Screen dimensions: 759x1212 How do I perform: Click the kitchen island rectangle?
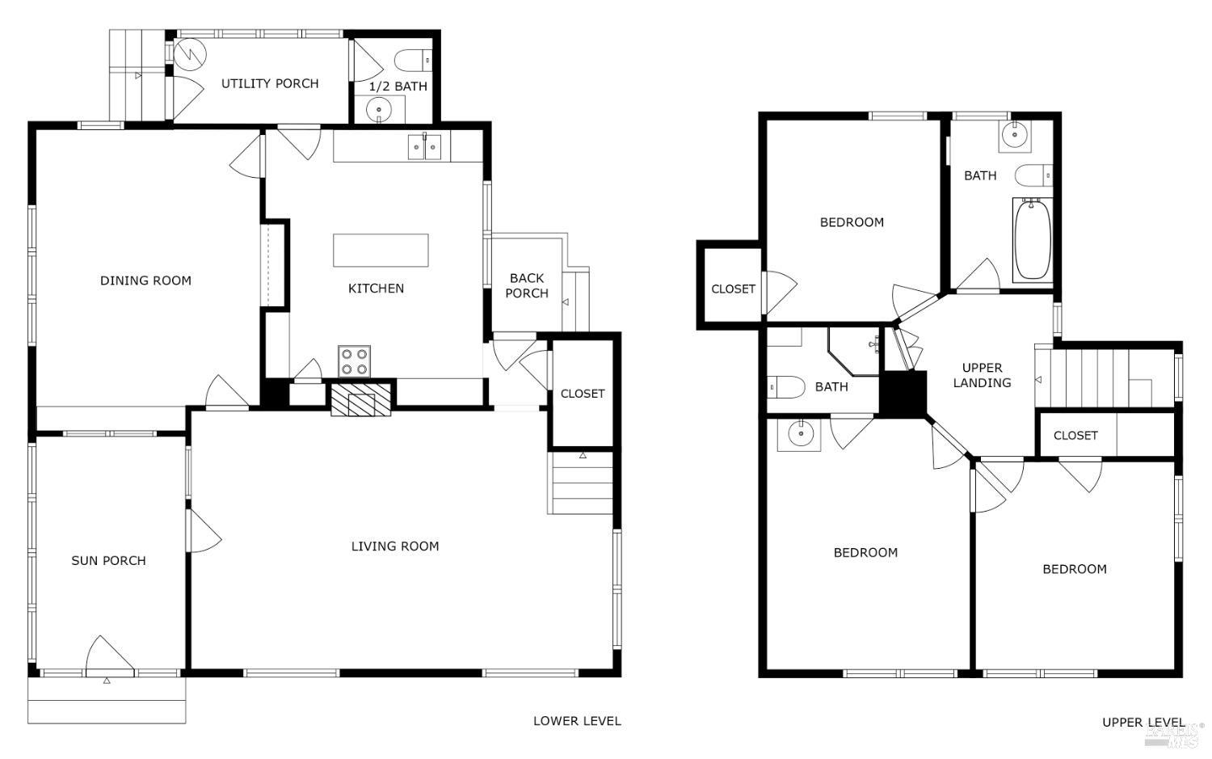coord(381,250)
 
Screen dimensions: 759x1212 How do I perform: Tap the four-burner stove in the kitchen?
coord(354,361)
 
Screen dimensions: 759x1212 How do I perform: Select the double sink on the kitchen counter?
coord(424,146)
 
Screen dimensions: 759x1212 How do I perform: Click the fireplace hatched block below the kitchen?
coord(360,399)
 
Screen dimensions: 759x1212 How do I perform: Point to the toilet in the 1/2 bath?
coord(412,60)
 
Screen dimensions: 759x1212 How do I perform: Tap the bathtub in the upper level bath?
coord(1032,239)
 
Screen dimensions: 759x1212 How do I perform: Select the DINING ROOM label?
coord(145,280)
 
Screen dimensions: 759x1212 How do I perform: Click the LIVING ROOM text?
coord(395,546)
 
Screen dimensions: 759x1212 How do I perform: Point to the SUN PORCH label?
coord(108,560)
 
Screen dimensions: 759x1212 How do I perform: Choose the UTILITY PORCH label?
coord(270,83)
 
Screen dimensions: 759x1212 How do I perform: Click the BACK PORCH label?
coord(527,285)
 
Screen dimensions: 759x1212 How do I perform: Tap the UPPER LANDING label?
coord(982,375)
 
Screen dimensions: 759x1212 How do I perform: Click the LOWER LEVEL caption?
coord(577,721)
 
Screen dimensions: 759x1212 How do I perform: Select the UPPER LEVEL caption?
coord(1143,723)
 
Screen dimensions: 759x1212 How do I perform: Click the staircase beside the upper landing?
coord(1103,378)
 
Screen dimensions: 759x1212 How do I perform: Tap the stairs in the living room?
coord(581,483)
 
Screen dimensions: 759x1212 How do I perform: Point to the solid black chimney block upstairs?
coord(903,394)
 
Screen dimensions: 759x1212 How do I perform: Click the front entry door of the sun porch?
coord(109,656)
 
